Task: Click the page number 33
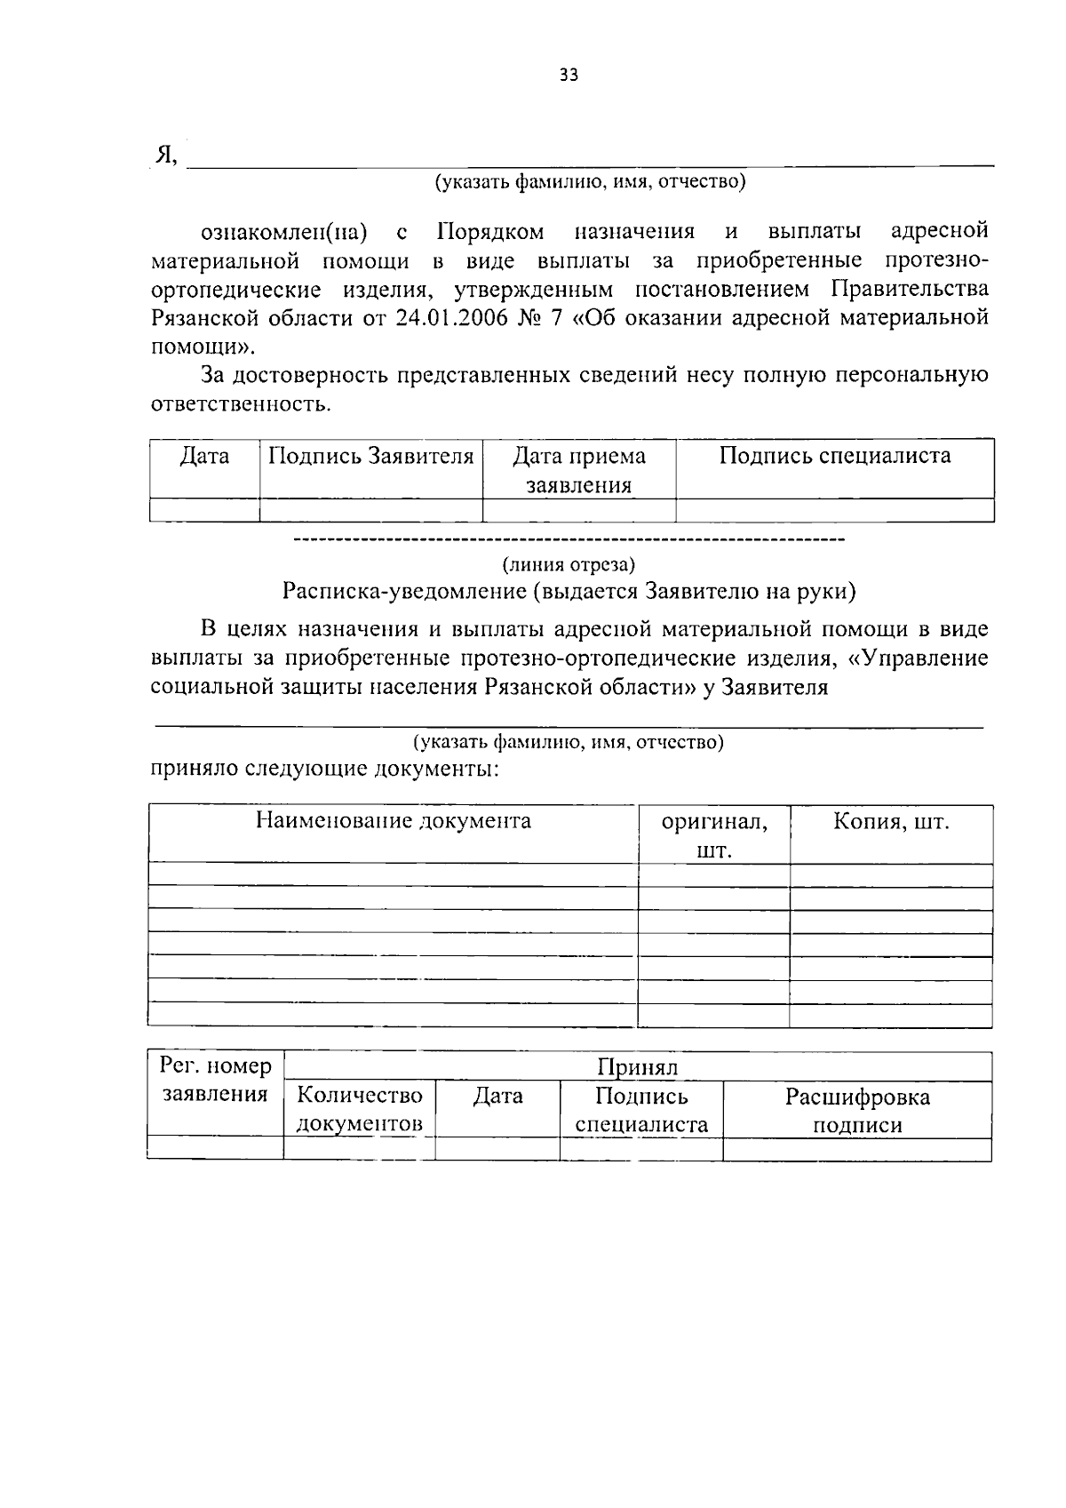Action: click(569, 76)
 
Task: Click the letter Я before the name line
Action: click(164, 155)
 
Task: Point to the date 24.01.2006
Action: click(445, 318)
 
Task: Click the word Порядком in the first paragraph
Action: click(490, 232)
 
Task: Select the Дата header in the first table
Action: click(204, 457)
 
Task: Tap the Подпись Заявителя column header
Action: click(370, 457)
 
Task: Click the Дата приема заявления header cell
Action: click(578, 470)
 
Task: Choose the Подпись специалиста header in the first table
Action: click(834, 457)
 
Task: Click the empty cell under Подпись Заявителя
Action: click(370, 510)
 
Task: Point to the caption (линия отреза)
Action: click(569, 564)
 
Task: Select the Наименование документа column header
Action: click(393, 820)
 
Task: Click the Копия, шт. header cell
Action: click(890, 821)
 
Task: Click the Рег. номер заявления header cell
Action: click(215, 1080)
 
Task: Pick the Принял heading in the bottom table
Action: click(637, 1067)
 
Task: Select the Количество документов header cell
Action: click(359, 1109)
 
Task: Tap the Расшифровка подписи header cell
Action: click(856, 1110)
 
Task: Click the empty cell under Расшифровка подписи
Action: click(856, 1150)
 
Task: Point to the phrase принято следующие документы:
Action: click(325, 769)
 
